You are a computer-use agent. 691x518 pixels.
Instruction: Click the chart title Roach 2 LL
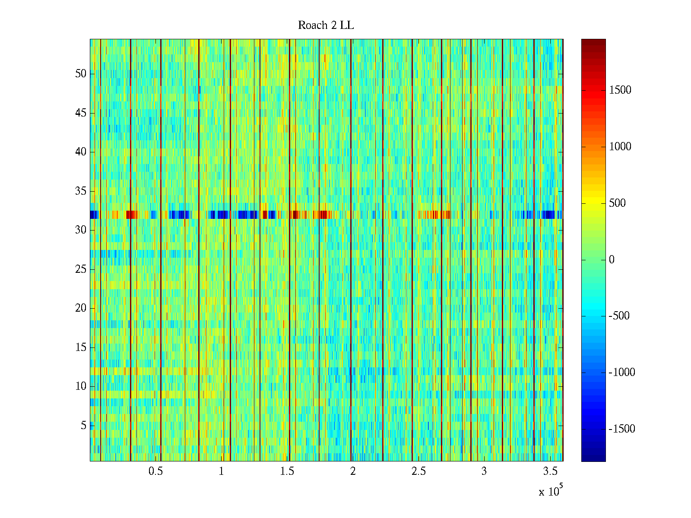[326, 25]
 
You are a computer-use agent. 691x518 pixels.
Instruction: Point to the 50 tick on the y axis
[81, 74]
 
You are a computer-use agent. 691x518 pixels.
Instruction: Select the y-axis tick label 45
[81, 113]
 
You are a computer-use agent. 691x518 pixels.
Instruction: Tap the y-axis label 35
[81, 191]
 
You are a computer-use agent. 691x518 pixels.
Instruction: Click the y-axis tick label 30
[81, 230]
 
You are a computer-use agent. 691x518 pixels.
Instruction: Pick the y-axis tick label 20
[81, 308]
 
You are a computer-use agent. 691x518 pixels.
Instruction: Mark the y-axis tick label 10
[81, 386]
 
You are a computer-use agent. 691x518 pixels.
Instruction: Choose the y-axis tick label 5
[83, 426]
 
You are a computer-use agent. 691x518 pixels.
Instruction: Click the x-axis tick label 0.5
[155, 471]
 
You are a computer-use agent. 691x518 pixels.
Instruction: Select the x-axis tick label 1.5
[287, 471]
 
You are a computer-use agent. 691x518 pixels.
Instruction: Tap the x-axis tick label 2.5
[418, 471]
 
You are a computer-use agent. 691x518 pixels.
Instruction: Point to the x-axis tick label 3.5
[550, 471]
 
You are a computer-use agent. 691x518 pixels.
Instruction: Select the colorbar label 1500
[620, 90]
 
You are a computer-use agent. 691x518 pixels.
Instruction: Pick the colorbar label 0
[612, 259]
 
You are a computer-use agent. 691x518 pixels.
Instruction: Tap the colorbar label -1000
[621, 373]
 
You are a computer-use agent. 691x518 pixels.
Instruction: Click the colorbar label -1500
[621, 429]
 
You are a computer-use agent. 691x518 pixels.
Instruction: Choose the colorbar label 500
[617, 203]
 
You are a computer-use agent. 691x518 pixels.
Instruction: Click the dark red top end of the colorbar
[593, 42]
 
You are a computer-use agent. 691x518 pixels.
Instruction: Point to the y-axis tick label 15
[81, 347]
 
